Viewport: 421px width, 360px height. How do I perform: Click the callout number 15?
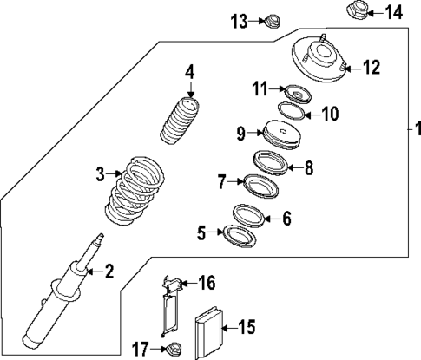click(x=246, y=327)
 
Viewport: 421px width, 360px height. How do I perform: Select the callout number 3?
click(x=100, y=173)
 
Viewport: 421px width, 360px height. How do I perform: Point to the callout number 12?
click(x=372, y=66)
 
